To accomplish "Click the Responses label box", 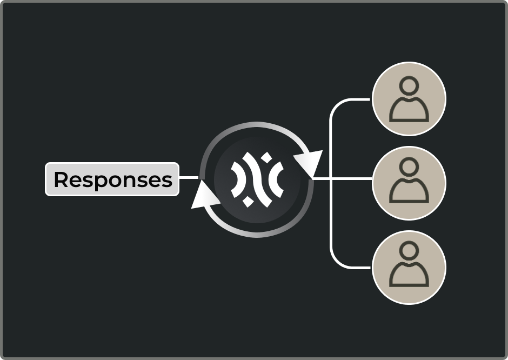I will pos(112,179).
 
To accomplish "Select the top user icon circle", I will pos(409,99).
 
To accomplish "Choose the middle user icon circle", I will pos(409,183).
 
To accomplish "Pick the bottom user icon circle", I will pos(409,267).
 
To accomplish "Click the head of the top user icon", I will pos(410,85).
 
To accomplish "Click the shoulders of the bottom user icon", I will pos(409,275).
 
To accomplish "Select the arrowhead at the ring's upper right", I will pos(309,162).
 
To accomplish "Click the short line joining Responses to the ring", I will pos(189,177).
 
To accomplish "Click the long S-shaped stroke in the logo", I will pos(257,179).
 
